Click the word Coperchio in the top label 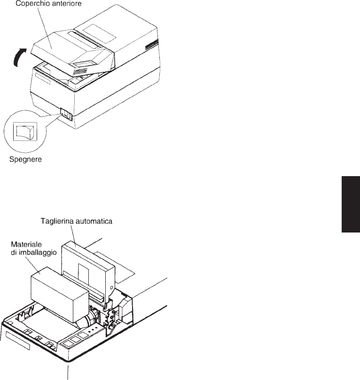tap(32, 4)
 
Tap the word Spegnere tap(26, 160)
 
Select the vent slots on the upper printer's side tap(151, 46)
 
